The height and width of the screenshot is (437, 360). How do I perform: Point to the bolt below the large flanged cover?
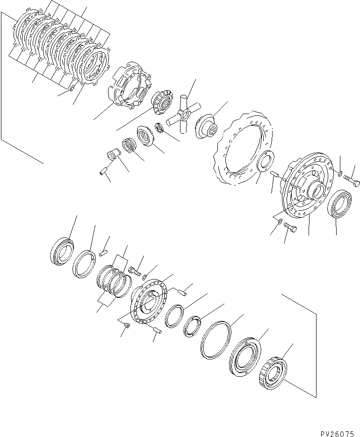290,229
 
